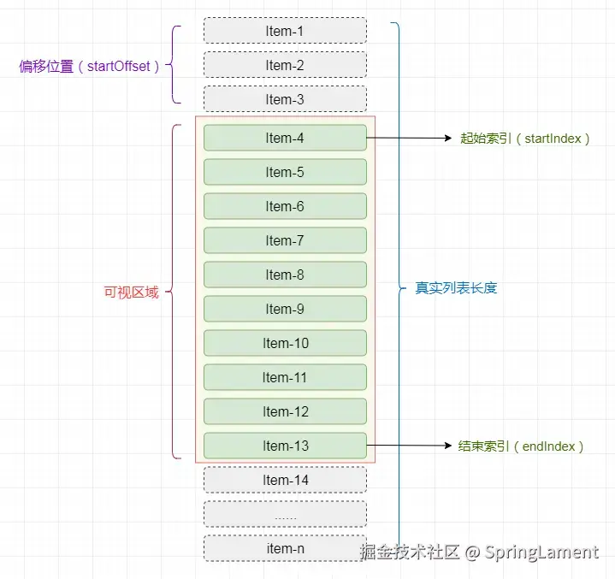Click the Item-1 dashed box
coord(285,31)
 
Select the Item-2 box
coord(285,65)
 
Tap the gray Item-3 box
coord(285,99)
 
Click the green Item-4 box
coord(285,138)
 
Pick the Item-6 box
coord(285,206)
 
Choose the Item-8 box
coord(285,275)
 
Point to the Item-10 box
coord(285,343)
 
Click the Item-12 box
coord(285,411)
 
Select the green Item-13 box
coord(285,446)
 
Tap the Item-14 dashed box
coord(285,480)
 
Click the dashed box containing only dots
coord(285,514)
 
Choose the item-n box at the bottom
coord(285,548)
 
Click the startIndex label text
coord(524,138)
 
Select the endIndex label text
coord(521,446)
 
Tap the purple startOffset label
coord(90,66)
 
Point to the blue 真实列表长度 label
coord(456,288)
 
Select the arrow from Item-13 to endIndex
coord(409,446)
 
